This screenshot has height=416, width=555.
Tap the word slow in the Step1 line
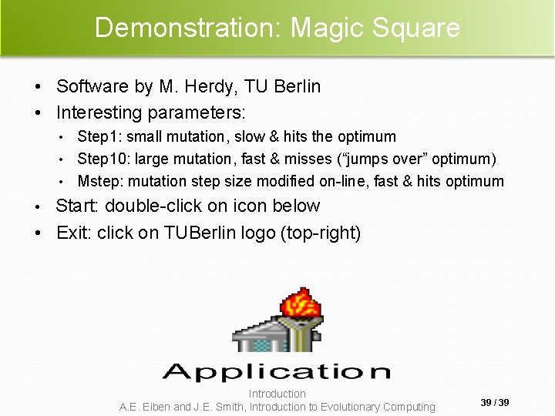249,137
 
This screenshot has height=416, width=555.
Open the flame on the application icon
301,304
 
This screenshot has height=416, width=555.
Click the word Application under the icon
277,372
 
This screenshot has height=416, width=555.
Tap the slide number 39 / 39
495,403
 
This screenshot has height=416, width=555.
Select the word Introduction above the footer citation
277,394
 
